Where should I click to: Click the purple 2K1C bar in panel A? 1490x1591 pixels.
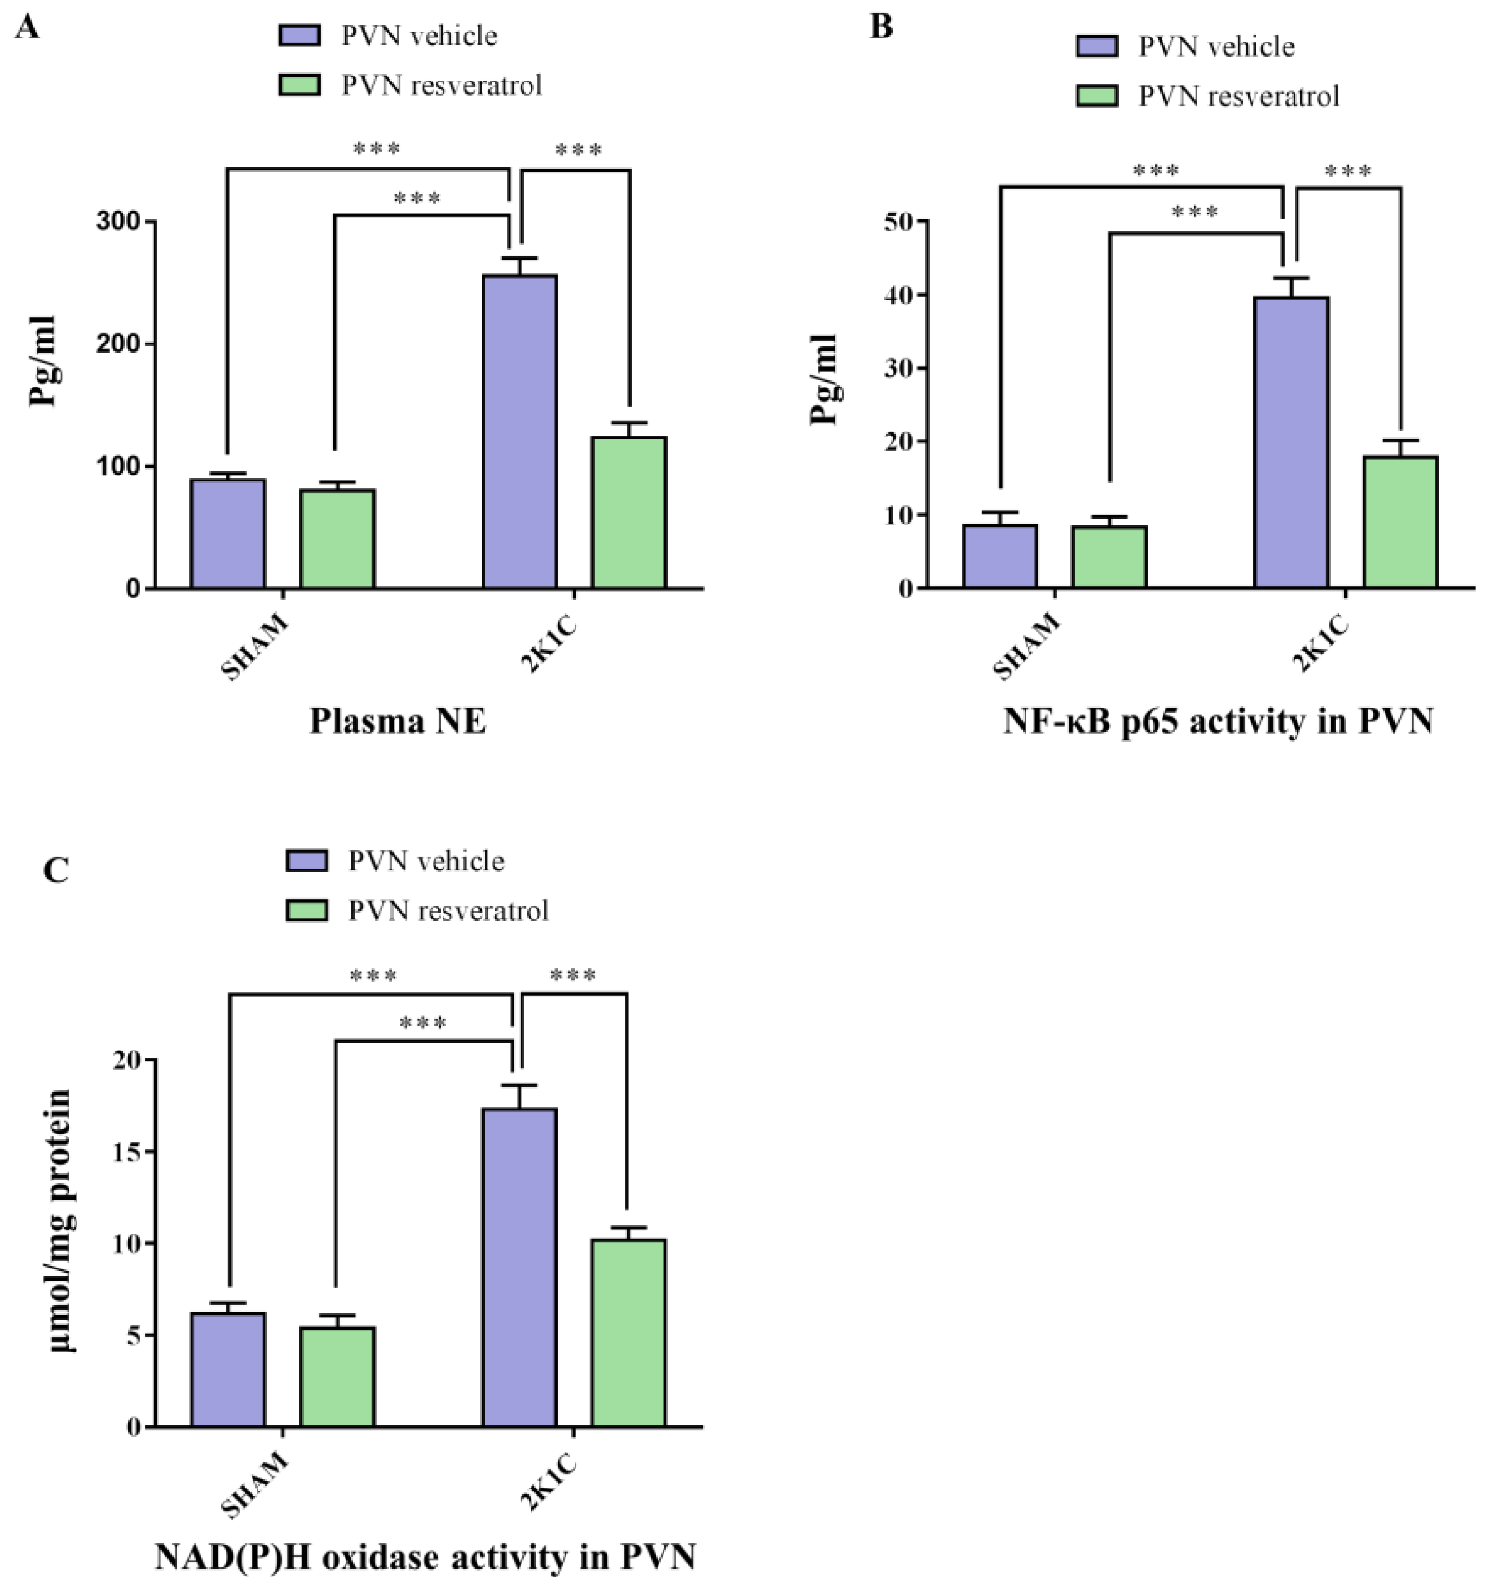point(519,432)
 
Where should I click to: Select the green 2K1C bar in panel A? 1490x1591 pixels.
point(628,513)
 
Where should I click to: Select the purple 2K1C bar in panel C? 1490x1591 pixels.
point(519,1268)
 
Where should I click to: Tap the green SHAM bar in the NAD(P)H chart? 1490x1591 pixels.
point(337,1377)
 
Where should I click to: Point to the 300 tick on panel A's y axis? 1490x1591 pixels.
point(118,222)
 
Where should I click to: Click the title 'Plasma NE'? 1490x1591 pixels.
point(398,721)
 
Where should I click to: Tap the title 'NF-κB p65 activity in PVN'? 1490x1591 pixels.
point(1217,721)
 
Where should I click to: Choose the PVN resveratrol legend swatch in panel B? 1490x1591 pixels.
point(1097,96)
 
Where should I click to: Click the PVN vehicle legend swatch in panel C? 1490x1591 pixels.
point(307,861)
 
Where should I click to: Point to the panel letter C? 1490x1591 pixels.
point(55,869)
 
